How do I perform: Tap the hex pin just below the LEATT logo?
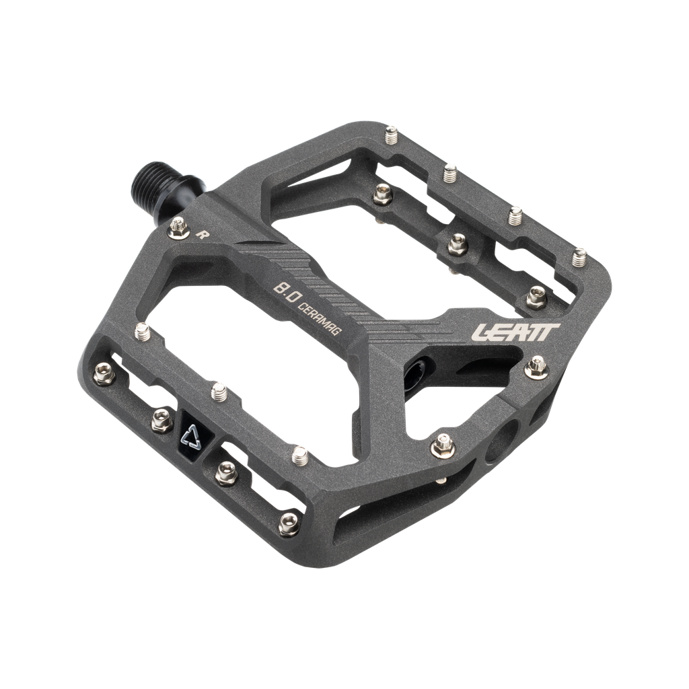point(536,366)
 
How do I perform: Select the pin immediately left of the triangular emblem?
point(160,421)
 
